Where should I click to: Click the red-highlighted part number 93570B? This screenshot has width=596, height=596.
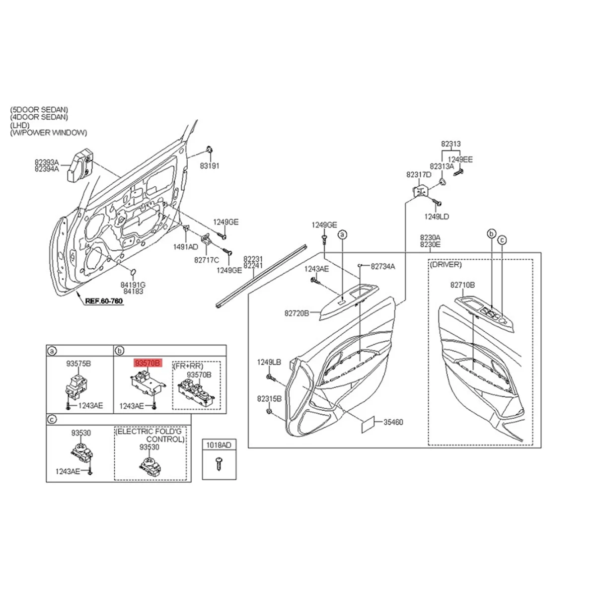(x=148, y=364)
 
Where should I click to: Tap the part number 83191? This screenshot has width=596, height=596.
(x=210, y=166)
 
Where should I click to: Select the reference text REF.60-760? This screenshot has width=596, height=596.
(x=104, y=301)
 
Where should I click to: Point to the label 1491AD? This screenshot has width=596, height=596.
(x=185, y=247)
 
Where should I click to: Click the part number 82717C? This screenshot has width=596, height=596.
(x=206, y=259)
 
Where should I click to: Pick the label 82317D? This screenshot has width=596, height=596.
(x=419, y=174)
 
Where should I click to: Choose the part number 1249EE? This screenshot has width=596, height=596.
(x=460, y=159)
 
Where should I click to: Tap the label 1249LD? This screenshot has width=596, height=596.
(x=437, y=217)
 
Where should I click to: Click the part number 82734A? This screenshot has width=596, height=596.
(x=382, y=267)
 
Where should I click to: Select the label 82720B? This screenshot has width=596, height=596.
(x=297, y=313)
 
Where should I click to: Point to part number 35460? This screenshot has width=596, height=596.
(x=392, y=423)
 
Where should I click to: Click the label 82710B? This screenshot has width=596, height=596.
(x=462, y=285)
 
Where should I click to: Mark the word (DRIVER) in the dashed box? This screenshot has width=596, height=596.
(x=446, y=265)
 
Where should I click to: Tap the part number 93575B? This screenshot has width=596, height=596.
(x=78, y=364)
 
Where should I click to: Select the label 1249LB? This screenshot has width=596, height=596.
(x=269, y=363)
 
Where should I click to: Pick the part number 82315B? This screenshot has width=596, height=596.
(x=269, y=399)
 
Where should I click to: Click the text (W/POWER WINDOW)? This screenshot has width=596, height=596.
(x=48, y=133)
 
